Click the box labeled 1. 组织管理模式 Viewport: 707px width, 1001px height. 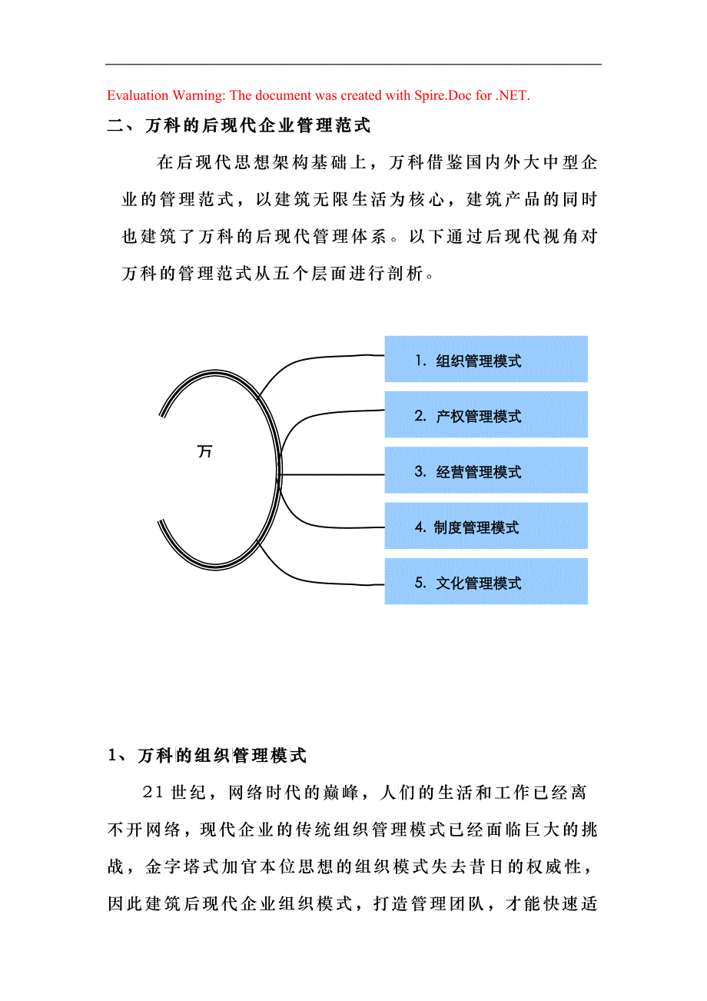[x=486, y=359]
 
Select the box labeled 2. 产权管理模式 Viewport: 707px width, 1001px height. [x=486, y=414]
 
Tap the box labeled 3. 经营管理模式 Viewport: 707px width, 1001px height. [x=486, y=470]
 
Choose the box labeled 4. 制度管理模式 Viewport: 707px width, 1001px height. [x=486, y=526]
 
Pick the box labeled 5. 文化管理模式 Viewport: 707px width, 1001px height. [x=486, y=581]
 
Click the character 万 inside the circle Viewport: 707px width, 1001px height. [x=205, y=451]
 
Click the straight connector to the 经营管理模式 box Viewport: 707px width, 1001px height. [x=332, y=474]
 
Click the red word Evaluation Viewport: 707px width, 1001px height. [x=138, y=95]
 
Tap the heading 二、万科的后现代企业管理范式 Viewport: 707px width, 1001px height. [x=239, y=125]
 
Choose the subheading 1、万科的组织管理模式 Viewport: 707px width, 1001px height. [x=207, y=755]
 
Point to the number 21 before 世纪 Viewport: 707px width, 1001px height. [x=152, y=793]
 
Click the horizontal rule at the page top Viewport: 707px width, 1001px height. [x=353, y=65]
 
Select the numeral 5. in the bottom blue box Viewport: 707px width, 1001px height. [x=420, y=582]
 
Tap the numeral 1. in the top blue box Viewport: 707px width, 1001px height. [x=420, y=360]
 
